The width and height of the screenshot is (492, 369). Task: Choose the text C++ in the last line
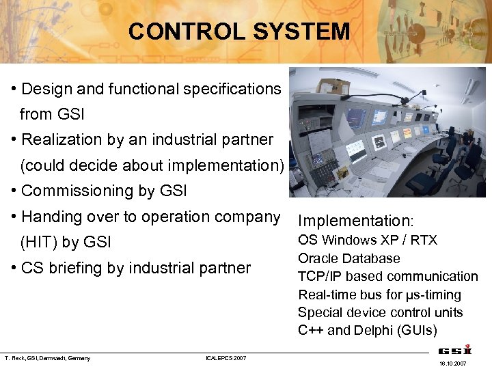(x=310, y=331)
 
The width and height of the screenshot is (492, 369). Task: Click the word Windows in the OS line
(x=348, y=240)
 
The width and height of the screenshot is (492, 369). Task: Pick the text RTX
(x=424, y=240)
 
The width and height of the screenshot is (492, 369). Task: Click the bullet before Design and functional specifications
(x=14, y=90)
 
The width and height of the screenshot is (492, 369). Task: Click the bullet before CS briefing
(x=14, y=269)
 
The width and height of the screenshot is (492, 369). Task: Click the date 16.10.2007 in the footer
(x=452, y=364)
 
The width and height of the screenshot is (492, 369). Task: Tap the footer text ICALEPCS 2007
(x=225, y=358)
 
